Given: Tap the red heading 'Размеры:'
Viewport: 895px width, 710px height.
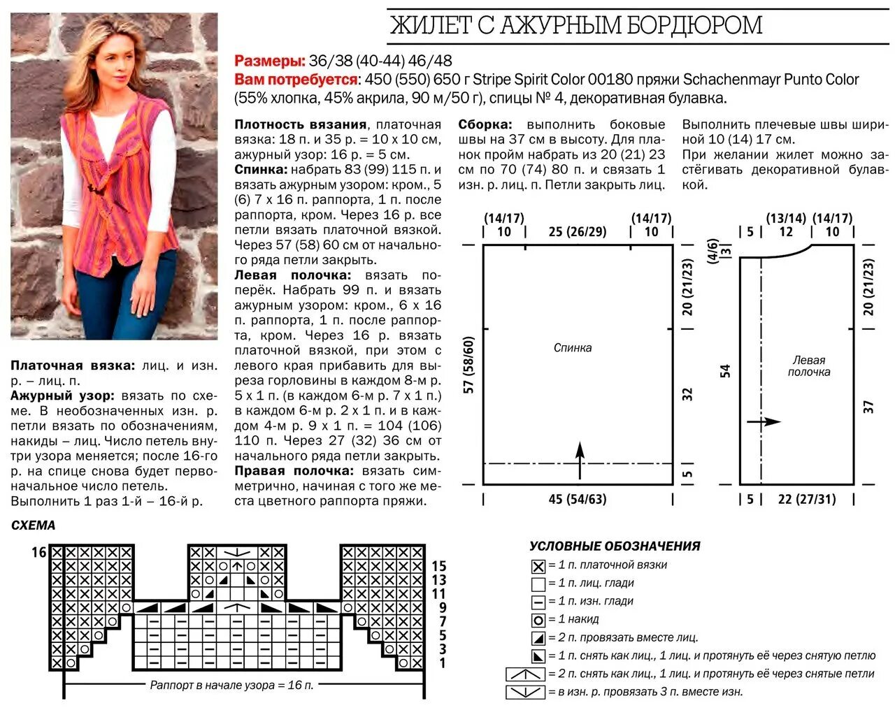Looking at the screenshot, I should pos(270,61).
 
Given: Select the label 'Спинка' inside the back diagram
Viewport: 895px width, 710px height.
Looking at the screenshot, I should pos(573,347).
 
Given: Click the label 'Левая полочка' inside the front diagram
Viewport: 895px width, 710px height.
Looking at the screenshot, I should pos(808,366).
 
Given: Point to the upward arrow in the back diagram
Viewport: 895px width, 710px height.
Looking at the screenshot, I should pos(580,459).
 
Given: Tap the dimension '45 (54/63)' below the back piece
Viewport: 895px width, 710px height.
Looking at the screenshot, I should pos(578,499).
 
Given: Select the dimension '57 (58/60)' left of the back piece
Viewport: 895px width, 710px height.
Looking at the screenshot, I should pos(469,365).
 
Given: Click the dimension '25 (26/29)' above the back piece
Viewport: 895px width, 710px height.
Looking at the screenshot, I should pos(578,231).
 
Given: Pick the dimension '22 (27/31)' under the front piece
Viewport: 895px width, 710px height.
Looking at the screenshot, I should pos(806,499).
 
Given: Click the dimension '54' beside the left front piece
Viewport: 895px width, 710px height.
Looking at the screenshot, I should pos(726,371).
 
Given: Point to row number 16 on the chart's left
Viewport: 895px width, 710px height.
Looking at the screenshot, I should pos(38,552).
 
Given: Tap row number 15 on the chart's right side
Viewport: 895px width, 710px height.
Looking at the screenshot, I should pos(438,566).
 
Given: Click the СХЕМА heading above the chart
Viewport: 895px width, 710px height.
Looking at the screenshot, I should pos(33,526).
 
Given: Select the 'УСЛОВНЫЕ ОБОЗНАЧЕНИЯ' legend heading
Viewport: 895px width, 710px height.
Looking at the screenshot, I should pos(615,546).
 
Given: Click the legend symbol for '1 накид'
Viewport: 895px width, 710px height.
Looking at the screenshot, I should pos(538,619).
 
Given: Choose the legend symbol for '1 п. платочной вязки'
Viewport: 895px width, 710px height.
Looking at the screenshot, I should pos(538,565).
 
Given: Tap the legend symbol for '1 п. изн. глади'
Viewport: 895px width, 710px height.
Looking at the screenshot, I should pos(538,601).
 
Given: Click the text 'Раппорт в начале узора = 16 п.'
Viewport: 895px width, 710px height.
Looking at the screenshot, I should pos(231,685).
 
